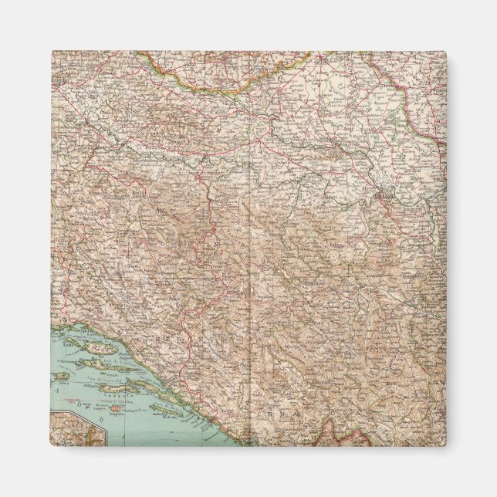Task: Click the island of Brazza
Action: tap(93, 362)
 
